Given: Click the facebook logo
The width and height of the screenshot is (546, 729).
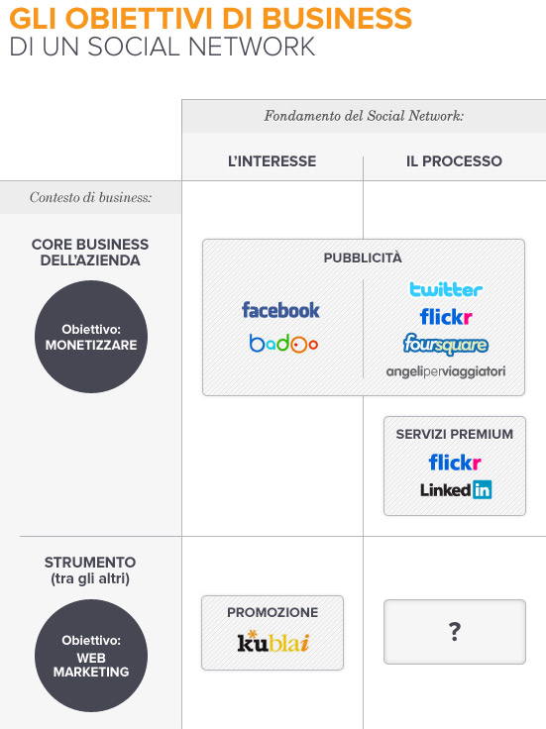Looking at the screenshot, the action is pyautogui.click(x=280, y=310).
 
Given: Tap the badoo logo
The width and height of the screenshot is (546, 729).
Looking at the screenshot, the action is pyautogui.click(x=283, y=344).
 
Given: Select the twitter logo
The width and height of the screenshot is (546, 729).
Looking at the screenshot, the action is pyautogui.click(x=446, y=289).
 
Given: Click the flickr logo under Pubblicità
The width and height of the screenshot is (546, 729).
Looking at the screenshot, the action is pyautogui.click(x=446, y=317).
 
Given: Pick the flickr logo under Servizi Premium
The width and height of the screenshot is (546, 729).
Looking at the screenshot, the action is pyautogui.click(x=455, y=463).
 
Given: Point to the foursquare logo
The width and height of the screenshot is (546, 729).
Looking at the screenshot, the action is pyautogui.click(x=446, y=345).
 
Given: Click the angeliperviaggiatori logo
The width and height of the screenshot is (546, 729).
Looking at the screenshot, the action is pyautogui.click(x=446, y=371).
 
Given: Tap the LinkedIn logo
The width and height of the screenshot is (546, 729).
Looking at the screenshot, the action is pyautogui.click(x=456, y=489).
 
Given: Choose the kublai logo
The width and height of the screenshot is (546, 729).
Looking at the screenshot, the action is pyautogui.click(x=273, y=642).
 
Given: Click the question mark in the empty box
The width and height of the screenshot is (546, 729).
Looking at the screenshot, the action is pyautogui.click(x=455, y=631).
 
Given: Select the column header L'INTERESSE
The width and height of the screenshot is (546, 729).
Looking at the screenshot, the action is pyautogui.click(x=273, y=161).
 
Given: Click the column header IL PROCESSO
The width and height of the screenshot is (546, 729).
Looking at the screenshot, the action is pyautogui.click(x=454, y=161).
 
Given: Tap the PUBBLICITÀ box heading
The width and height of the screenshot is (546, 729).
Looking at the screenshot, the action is pyautogui.click(x=363, y=258).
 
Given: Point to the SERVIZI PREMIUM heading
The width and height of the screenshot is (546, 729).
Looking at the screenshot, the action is pyautogui.click(x=455, y=434).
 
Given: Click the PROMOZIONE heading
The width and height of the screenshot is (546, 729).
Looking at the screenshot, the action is pyautogui.click(x=273, y=612).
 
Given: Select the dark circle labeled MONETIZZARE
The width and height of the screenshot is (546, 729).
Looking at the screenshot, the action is pyautogui.click(x=91, y=337).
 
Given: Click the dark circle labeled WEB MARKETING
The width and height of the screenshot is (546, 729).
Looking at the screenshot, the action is pyautogui.click(x=91, y=656).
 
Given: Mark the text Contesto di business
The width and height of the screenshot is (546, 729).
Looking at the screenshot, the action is pyautogui.click(x=91, y=197).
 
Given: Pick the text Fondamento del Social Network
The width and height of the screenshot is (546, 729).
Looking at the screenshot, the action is pyautogui.click(x=364, y=116).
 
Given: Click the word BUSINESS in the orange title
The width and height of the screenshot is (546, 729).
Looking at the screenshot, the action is pyautogui.click(x=337, y=19).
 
